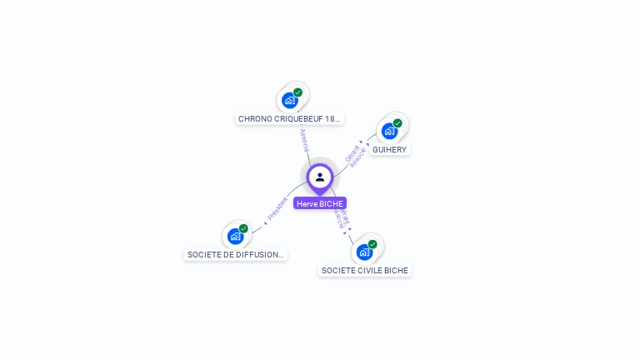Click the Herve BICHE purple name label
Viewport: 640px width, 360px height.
[320, 203]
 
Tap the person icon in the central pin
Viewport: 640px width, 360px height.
[320, 177]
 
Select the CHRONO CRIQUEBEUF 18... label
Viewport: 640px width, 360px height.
[289, 118]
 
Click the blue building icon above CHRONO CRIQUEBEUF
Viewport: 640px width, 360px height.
[289, 101]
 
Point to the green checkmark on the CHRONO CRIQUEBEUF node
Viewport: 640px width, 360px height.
[298, 92]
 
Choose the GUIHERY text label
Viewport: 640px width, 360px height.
[389, 150]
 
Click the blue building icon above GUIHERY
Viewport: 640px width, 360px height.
[388, 132]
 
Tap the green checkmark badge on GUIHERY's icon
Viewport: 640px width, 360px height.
[398, 123]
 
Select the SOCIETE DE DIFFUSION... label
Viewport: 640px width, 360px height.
[235, 255]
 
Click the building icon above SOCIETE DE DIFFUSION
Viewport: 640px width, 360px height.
[235, 237]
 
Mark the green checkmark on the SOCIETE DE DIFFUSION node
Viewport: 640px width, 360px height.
[244, 228]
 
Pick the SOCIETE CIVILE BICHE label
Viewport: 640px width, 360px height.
[365, 270]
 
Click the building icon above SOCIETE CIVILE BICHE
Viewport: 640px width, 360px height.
[364, 252]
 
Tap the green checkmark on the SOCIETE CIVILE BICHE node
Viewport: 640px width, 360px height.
[373, 244]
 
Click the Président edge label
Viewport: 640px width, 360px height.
[277, 209]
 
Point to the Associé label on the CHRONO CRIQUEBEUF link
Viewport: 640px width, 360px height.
[304, 139]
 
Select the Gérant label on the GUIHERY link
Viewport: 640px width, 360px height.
[351, 152]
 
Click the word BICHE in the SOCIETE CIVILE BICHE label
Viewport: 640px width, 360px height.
[397, 270]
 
